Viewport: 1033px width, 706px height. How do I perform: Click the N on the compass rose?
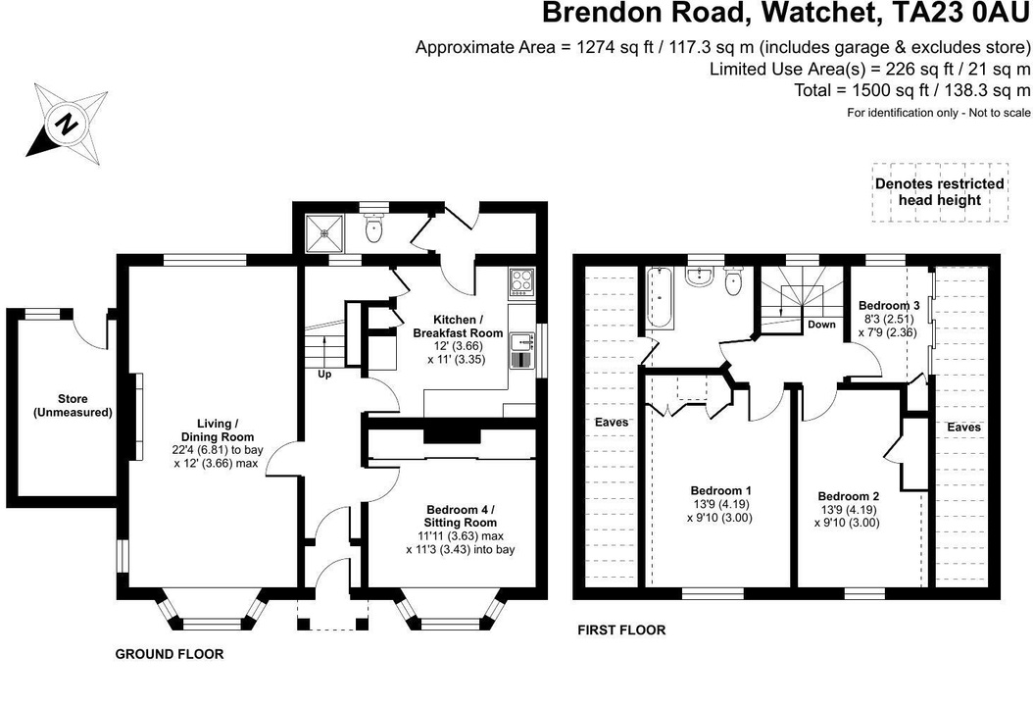(x=66, y=124)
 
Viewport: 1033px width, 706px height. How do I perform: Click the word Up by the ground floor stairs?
(x=323, y=374)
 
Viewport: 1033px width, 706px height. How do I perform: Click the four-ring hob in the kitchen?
(x=520, y=282)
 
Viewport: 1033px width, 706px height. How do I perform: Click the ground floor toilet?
(x=372, y=229)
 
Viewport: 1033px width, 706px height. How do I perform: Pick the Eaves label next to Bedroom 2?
(x=963, y=428)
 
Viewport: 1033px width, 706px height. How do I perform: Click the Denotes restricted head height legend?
(x=939, y=191)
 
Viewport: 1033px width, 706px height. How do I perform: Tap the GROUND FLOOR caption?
(x=170, y=654)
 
